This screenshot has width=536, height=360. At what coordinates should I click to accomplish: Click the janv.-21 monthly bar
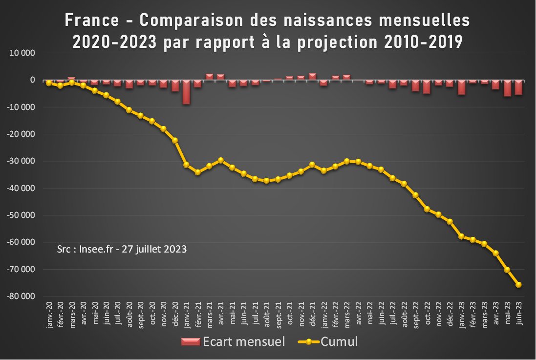point(186,92)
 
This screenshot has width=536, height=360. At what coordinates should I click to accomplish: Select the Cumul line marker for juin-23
point(518,285)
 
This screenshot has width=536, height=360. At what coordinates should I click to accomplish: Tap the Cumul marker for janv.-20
point(49,83)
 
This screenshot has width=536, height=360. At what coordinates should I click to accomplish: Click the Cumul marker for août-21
point(266,181)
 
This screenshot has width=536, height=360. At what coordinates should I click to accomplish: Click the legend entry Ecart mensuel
point(233,341)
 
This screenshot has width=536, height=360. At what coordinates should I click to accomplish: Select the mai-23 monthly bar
point(507,88)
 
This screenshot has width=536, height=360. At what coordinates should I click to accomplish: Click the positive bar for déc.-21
point(313,76)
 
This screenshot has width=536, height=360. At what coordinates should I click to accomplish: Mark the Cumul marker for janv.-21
point(186,165)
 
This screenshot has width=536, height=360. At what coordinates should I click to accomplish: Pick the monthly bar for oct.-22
point(427,86)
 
